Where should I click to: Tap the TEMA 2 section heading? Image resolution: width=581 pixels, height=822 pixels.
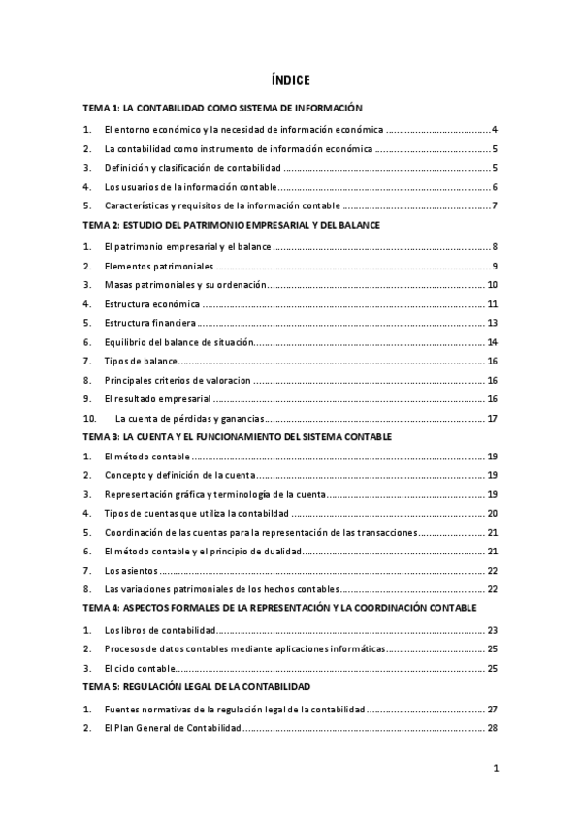[231, 225]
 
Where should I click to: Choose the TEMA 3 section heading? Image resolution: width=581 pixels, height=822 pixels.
[238, 437]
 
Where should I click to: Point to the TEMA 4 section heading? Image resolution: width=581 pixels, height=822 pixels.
[279, 607]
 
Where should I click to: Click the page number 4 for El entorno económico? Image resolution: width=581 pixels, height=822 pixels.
[495, 130]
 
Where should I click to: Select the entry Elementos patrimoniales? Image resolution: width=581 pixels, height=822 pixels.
[158, 267]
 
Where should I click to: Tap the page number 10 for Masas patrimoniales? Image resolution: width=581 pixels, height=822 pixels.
[492, 286]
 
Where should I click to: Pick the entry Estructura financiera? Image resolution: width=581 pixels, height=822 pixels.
[150, 324]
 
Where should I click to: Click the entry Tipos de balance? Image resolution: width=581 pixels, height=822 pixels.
[140, 362]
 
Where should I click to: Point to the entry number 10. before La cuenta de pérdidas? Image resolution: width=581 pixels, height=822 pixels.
[90, 419]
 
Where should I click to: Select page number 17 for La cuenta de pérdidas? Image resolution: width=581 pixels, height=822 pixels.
[492, 419]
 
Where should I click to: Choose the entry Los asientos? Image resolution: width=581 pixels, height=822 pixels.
[132, 570]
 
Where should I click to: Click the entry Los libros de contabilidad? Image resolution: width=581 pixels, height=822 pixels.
[159, 630]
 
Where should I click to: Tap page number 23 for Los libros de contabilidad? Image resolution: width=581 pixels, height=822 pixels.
[492, 630]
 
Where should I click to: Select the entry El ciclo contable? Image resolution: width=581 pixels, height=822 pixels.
[140, 668]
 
